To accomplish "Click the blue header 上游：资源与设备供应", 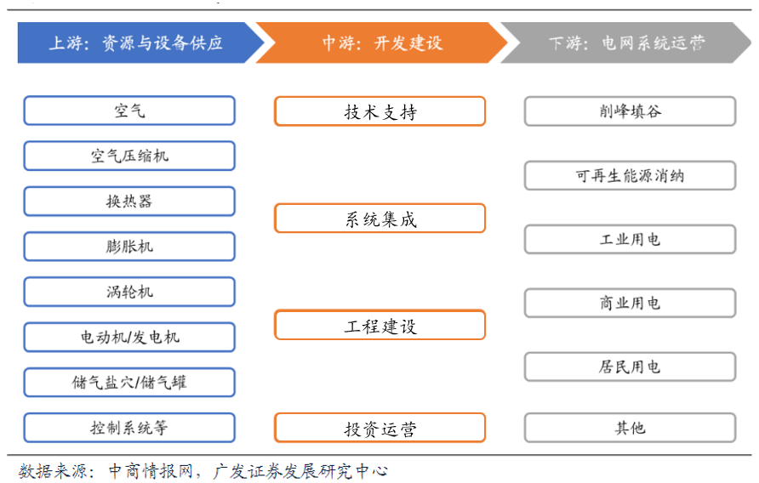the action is [x=136, y=43].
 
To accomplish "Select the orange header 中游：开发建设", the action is [x=382, y=43].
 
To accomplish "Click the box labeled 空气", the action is [x=129, y=111].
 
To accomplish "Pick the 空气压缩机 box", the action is [x=129, y=156].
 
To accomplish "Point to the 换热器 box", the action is [x=129, y=202].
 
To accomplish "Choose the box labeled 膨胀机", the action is [x=129, y=247].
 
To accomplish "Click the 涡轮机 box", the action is [x=129, y=292].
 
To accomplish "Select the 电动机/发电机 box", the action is [x=129, y=337].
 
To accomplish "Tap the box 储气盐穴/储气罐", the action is [x=129, y=383].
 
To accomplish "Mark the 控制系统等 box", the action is [x=129, y=428].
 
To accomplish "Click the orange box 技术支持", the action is [x=379, y=111].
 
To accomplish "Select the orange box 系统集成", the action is [x=379, y=219].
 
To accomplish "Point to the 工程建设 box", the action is [x=379, y=325].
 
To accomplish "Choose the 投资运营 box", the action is [x=379, y=428].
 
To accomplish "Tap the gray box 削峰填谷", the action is [x=630, y=111].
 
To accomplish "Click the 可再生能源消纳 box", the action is [x=630, y=176].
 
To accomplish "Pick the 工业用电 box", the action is [x=630, y=239].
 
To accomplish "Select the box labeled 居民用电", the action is [x=630, y=367].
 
